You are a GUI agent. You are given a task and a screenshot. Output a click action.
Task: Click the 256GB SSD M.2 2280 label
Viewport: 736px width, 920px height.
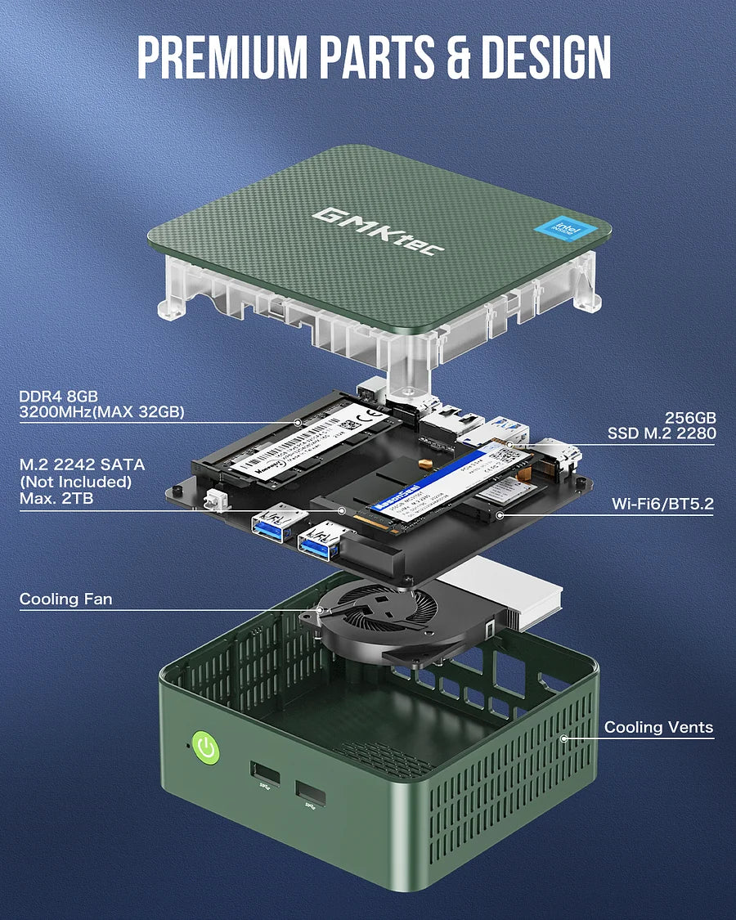[x=661, y=424]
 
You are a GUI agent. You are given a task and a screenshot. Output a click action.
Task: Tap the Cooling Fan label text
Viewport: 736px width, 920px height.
[x=66, y=599]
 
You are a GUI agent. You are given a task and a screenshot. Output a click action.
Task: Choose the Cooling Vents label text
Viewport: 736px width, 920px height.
[x=658, y=727]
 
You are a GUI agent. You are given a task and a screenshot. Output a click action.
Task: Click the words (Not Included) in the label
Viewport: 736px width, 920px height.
[x=75, y=481]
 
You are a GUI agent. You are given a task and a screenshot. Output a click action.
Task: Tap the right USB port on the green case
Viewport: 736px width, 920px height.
[x=310, y=793]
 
